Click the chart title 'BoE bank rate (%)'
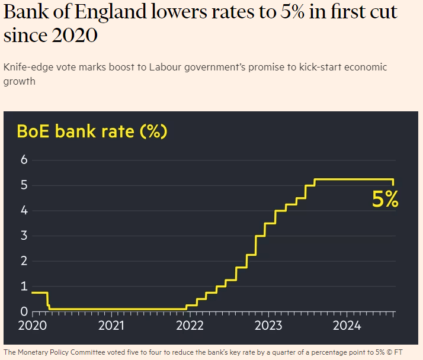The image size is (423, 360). pyautogui.click(x=92, y=131)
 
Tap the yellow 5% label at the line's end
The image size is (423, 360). pyautogui.click(x=385, y=200)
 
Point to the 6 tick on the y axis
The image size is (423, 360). pyautogui.click(x=24, y=160)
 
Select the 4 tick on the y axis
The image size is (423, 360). pyautogui.click(x=24, y=211)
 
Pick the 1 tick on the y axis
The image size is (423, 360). pyautogui.click(x=24, y=287)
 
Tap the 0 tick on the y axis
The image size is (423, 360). pyautogui.click(x=24, y=311)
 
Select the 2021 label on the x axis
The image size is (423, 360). pyautogui.click(x=111, y=325)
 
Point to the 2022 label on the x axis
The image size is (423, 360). pyautogui.click(x=190, y=325)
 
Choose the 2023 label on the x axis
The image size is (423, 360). pyautogui.click(x=268, y=325)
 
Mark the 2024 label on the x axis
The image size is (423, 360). pyautogui.click(x=347, y=325)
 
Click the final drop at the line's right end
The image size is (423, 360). pyautogui.click(x=393, y=182)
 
